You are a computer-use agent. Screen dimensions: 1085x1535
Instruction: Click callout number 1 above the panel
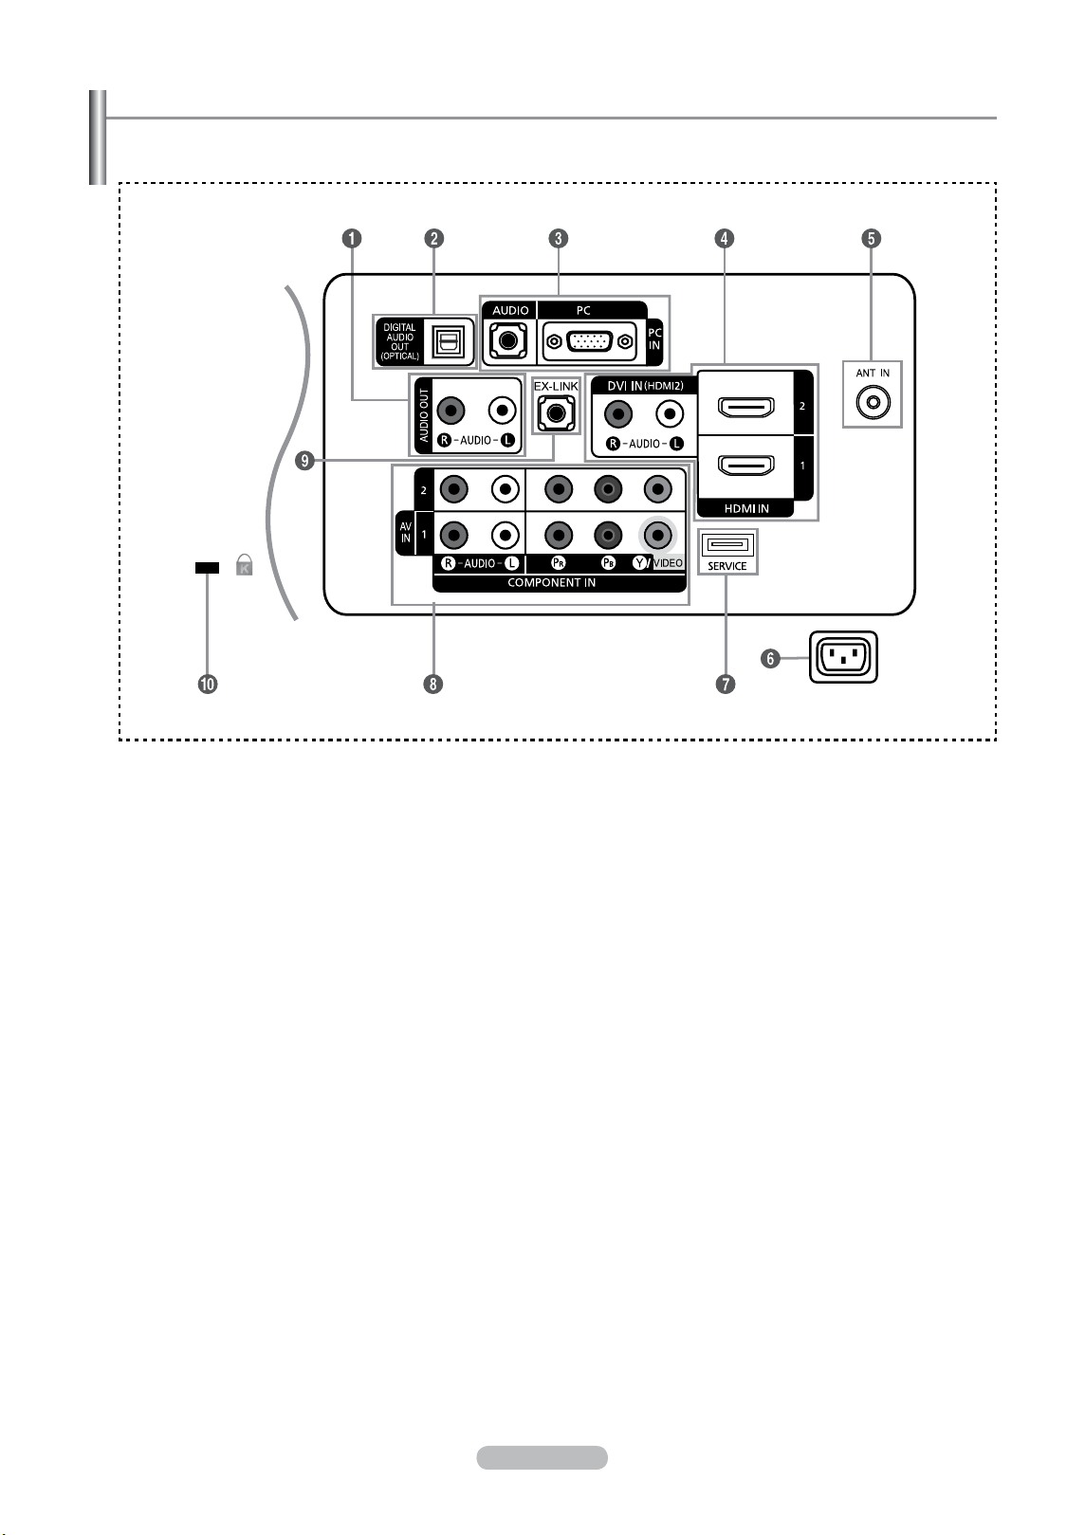click(352, 239)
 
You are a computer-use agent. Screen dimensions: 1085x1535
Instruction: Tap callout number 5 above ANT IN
click(872, 239)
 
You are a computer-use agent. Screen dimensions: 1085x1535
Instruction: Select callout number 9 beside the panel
click(304, 461)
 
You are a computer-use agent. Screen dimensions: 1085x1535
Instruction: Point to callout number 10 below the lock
click(208, 684)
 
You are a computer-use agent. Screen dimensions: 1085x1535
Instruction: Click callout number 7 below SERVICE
click(726, 684)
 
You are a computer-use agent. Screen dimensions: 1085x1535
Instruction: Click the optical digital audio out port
click(449, 340)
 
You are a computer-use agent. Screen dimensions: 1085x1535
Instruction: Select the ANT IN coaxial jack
click(873, 402)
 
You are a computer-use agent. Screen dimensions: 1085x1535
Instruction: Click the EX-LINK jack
click(556, 413)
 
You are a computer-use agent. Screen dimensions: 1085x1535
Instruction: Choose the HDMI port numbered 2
click(745, 407)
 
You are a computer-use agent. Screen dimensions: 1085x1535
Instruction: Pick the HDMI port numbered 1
click(745, 466)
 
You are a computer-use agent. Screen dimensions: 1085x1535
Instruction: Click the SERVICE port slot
click(727, 545)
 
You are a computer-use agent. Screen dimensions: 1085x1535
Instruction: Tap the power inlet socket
click(843, 657)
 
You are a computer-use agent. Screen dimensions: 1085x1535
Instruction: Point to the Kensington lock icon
click(244, 565)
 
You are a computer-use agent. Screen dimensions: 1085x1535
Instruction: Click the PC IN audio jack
click(508, 340)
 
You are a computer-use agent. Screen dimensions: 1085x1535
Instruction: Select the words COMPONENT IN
click(552, 583)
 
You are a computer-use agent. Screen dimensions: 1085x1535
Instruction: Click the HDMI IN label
click(746, 508)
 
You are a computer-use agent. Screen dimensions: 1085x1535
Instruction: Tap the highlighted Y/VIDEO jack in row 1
click(658, 535)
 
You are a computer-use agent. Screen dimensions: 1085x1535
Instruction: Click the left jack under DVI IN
click(618, 414)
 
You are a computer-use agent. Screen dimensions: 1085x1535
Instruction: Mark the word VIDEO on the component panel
click(669, 563)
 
